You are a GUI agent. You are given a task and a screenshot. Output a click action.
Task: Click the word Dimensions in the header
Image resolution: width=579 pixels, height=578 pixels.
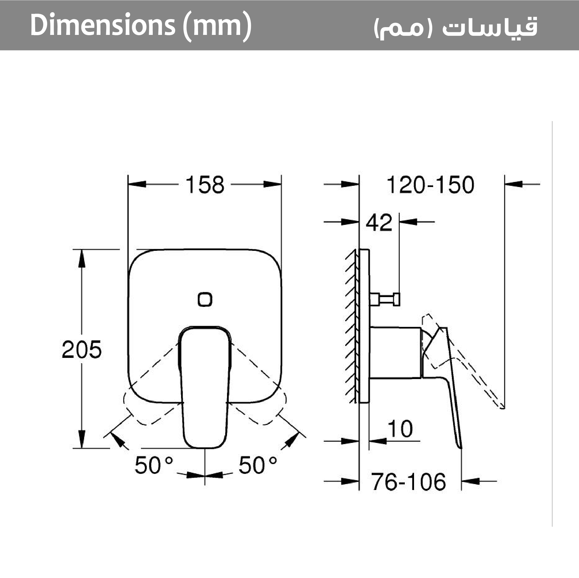point(102,25)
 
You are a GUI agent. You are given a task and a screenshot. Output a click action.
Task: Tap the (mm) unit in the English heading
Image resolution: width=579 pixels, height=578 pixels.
point(217,26)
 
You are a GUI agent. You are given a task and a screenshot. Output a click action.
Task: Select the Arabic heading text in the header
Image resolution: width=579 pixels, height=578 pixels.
point(456,27)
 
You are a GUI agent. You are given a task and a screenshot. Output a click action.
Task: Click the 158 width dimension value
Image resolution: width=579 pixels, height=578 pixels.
point(205,185)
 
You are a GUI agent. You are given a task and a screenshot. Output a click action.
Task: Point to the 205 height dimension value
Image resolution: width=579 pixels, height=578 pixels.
point(81,349)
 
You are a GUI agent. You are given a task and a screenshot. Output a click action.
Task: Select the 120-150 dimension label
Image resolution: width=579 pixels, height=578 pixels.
point(430,185)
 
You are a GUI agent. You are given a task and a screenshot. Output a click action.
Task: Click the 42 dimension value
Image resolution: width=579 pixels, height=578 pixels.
point(379,222)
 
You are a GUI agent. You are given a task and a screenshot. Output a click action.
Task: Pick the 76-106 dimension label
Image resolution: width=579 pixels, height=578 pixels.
point(408,482)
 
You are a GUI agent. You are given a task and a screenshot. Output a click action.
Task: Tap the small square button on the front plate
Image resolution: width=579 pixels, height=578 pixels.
point(205,299)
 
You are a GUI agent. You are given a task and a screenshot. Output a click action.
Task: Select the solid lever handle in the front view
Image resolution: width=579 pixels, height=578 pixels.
point(205,390)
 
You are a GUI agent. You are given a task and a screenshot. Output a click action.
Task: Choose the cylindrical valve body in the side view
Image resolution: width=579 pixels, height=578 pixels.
point(395,352)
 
